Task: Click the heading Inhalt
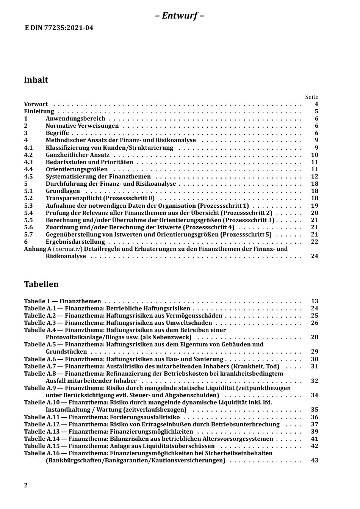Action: tap(36, 80)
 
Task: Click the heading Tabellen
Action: tap(41, 284)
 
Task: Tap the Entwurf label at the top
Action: tap(180, 16)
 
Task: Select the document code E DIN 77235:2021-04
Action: tap(59, 28)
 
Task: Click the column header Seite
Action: tap(311, 97)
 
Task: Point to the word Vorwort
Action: tap(36, 104)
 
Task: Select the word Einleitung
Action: tap(39, 111)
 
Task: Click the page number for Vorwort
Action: tap(316, 104)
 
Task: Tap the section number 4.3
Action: tap(28, 162)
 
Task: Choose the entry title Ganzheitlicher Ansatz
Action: tap(78, 155)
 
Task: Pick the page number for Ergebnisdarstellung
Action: tap(315, 242)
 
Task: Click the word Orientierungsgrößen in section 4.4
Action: tap(77, 169)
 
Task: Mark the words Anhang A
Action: tap(38, 249)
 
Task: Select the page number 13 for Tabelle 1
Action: tap(315, 301)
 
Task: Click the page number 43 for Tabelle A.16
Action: tap(315, 460)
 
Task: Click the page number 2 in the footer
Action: tap(26, 486)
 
